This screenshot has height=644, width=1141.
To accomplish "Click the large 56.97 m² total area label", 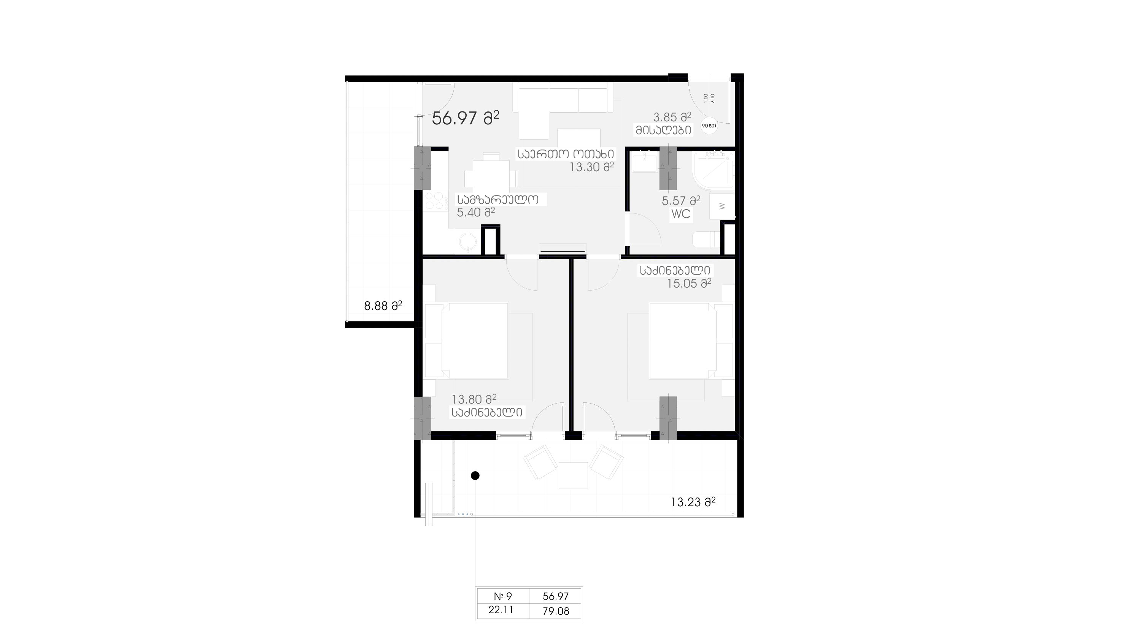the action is (x=466, y=118).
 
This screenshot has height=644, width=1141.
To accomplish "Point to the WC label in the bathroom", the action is (x=681, y=214).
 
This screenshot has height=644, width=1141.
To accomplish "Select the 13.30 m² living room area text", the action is (x=591, y=167).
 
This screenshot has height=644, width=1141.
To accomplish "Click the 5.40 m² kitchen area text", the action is (x=476, y=212).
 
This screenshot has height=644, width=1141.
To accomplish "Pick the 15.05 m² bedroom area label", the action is (x=689, y=283).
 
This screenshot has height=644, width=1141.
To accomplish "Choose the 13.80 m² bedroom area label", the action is (x=474, y=399).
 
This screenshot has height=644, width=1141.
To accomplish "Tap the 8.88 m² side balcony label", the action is (x=383, y=305).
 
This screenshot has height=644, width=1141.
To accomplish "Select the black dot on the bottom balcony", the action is (x=475, y=476).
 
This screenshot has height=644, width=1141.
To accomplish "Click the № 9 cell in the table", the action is (x=503, y=596).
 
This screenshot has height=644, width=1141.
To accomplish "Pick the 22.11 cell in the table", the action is (x=501, y=610).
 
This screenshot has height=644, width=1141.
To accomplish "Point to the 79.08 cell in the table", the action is (x=556, y=611).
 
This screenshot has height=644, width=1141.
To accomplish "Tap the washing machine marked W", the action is (x=722, y=206).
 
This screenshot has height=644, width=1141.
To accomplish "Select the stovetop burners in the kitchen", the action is (x=124, y=200).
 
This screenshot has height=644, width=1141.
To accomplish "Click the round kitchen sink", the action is (x=467, y=242).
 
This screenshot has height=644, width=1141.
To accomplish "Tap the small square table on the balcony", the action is (x=573, y=475).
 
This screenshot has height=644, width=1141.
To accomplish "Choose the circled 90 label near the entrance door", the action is (x=709, y=126).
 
